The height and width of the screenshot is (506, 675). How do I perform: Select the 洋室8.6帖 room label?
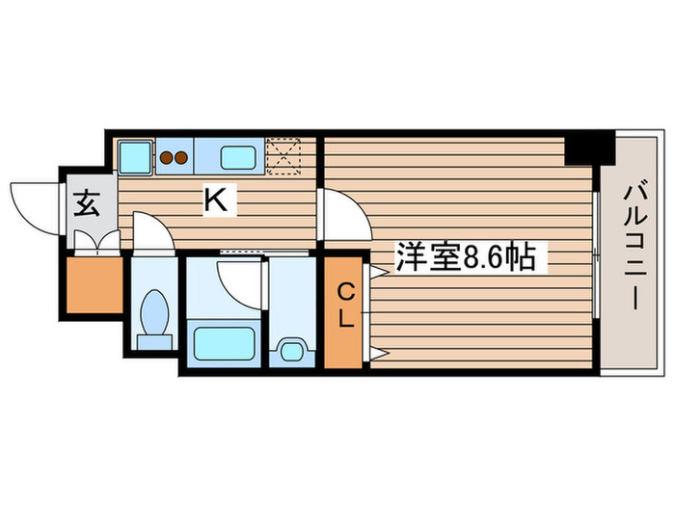coord(471,257)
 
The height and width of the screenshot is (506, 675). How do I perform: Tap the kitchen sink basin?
coord(237,155)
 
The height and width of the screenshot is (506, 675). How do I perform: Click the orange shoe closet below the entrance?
coord(94,285)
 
